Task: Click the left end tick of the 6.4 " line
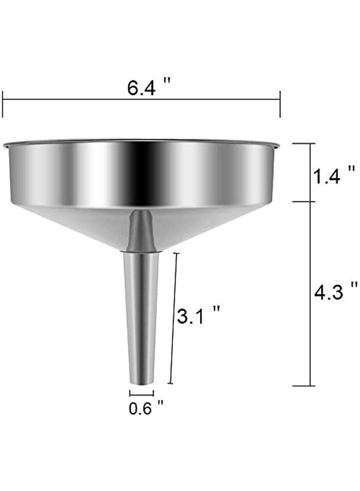(3, 104)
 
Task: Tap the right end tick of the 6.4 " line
(280, 104)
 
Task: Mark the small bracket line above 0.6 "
(141, 392)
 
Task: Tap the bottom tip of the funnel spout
(142, 384)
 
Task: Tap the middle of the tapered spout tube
(141, 316)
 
